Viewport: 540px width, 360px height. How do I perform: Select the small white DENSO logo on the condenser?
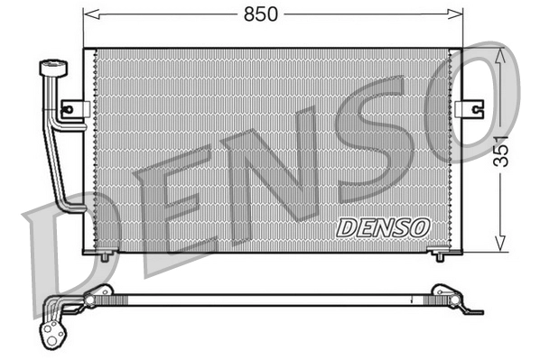[x=383, y=227]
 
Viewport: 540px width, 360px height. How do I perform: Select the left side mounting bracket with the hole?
[x=73, y=110]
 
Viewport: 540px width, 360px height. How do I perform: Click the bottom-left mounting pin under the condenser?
[x=105, y=256]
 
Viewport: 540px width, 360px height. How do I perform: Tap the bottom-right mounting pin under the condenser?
[x=440, y=256]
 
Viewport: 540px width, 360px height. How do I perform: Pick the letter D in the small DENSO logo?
[x=346, y=228]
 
